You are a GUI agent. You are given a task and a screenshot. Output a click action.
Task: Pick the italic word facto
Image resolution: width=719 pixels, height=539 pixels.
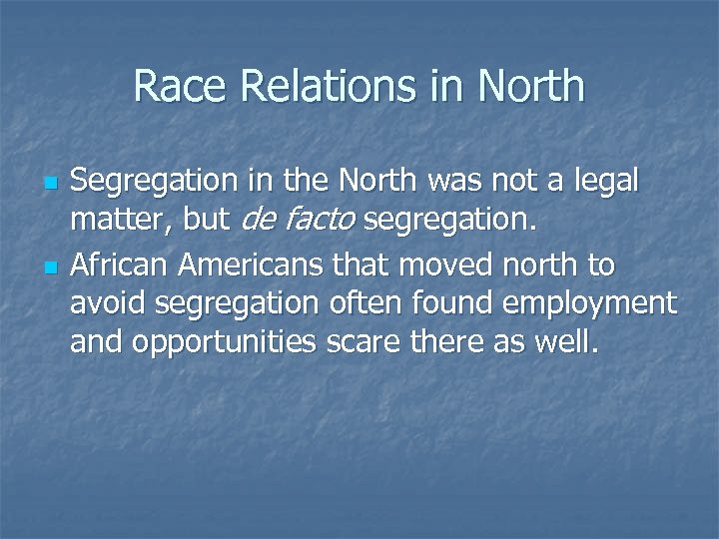pos(321,222)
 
